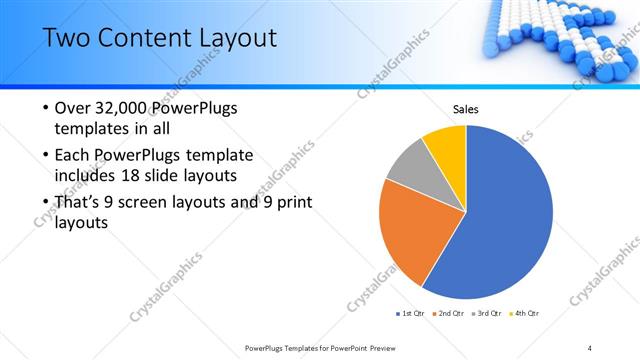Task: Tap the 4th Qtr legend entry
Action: tap(526, 313)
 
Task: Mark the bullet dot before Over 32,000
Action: tap(46, 109)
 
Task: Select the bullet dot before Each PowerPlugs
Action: tap(46, 156)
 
